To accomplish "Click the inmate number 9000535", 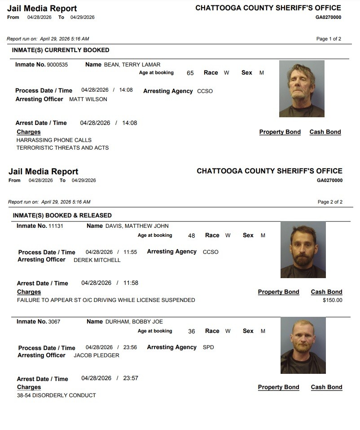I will pos(57,65).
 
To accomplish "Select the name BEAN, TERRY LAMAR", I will pos(132,65).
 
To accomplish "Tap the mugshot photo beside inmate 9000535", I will pos(302,89).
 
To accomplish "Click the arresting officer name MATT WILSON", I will pos(88,99).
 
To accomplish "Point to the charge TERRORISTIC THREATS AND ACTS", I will pos(62,148).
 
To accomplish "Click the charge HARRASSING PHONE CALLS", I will pos(54,140).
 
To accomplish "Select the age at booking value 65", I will pos(190,73).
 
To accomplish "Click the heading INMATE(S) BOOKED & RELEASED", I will pos(62,215).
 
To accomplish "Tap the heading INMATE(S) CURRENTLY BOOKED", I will pos(61,50).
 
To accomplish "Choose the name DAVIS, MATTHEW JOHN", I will pos(137,226).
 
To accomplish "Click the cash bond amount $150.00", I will pos(333,300).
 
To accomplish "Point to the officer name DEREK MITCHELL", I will pos(97,260).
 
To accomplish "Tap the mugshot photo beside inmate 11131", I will pos(303,250).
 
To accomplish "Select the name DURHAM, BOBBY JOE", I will pos(134,322).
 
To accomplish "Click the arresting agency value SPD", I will pos(208,347).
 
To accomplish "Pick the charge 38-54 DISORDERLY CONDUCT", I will pos(57,395).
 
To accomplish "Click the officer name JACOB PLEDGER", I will pos(97,355).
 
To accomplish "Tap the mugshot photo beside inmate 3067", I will pos(303,345).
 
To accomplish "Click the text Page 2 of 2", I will pos(330,202).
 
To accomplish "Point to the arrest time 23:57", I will pos(131,378).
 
